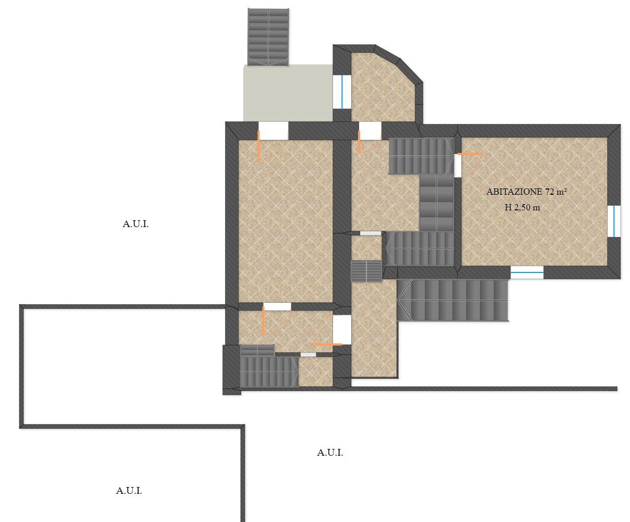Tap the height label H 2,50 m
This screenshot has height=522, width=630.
(522, 207)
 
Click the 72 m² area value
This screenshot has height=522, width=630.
(556, 191)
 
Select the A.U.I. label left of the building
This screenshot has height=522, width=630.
(136, 224)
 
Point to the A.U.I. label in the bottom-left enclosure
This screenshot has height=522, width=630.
(129, 491)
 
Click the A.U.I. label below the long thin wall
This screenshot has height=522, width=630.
(330, 453)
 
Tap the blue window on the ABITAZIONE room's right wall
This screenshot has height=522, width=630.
(614, 221)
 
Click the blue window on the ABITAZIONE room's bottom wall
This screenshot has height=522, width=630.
(527, 272)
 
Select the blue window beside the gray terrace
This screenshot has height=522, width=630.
(342, 92)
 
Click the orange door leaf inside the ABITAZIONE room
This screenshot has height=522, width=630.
(469, 154)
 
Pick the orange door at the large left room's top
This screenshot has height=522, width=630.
(258, 146)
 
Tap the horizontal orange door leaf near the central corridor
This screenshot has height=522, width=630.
(326, 344)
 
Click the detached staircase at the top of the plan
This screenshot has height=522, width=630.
(268, 37)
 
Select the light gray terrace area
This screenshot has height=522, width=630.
(288, 93)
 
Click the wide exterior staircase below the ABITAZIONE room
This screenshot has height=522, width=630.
(453, 300)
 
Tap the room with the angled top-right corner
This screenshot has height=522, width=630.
(383, 88)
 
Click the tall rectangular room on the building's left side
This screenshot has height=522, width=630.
(286, 221)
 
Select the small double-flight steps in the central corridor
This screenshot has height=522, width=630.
(366, 271)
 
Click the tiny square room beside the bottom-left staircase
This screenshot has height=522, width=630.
(316, 372)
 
